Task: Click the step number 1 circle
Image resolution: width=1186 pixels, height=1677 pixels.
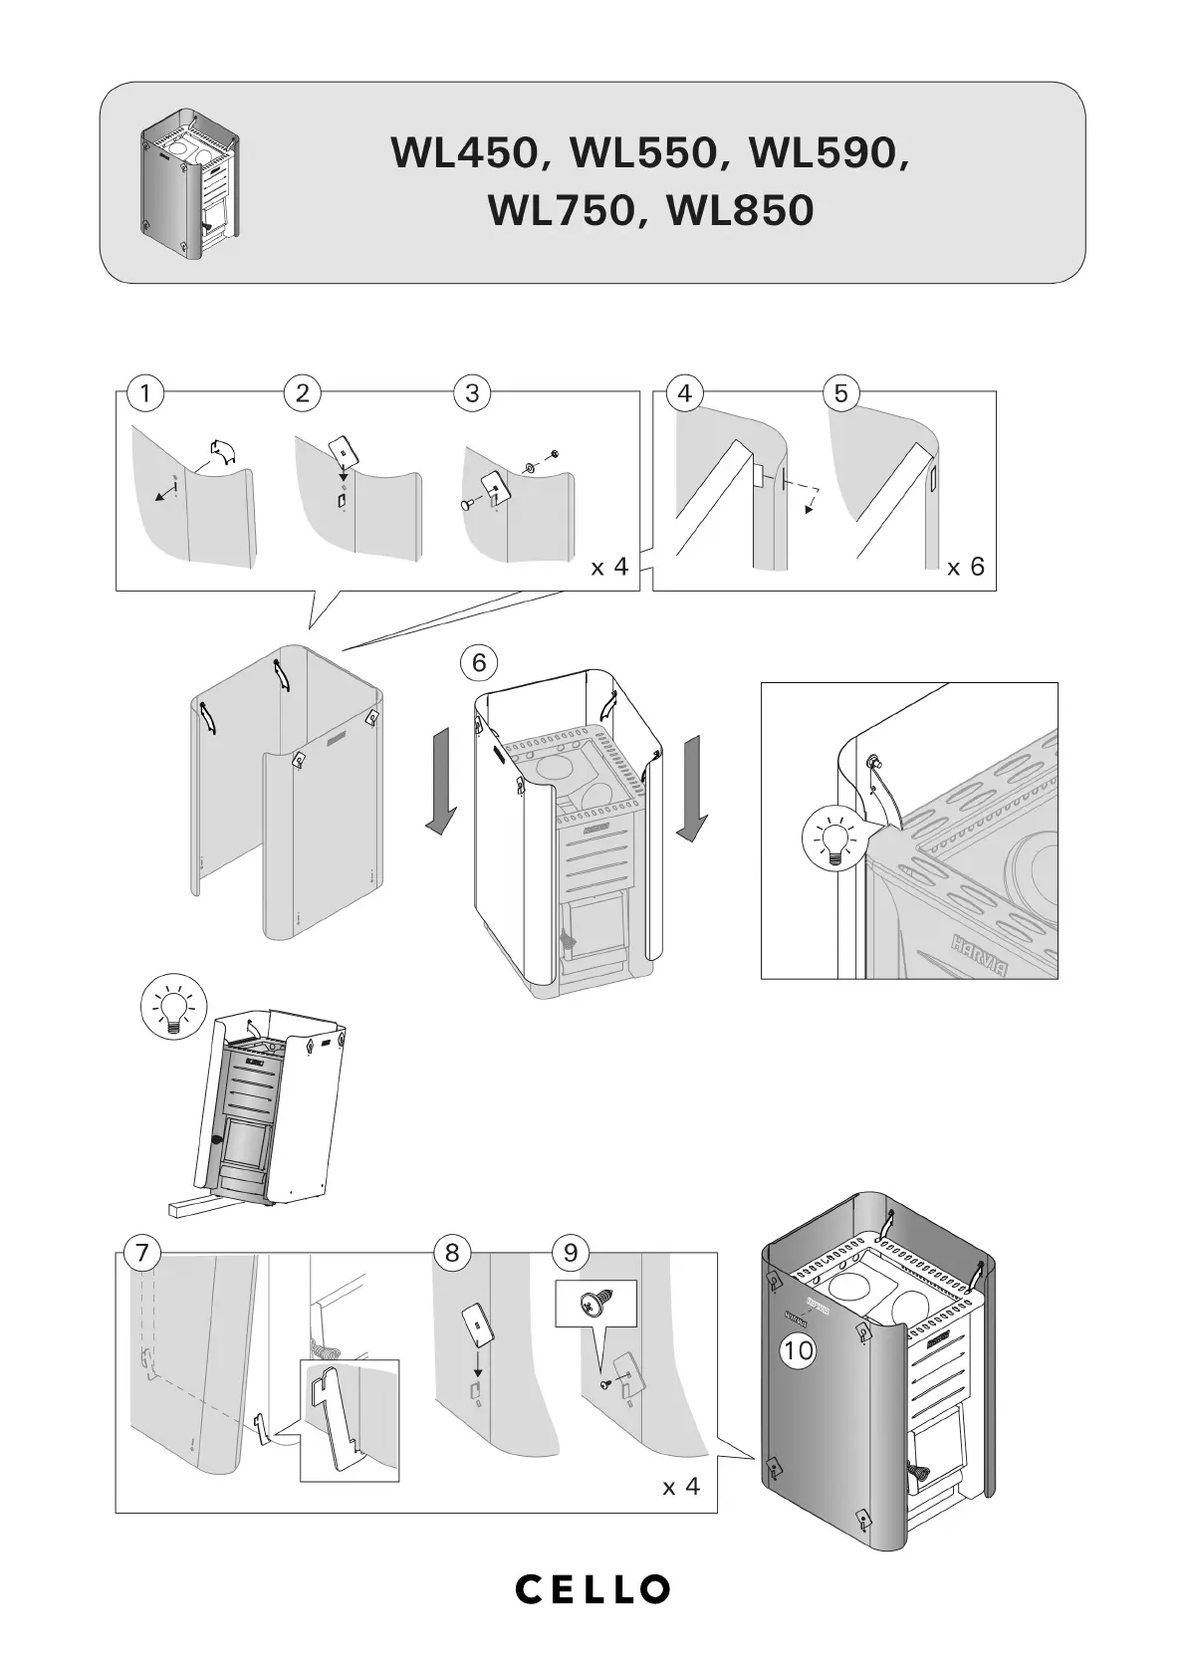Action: (x=145, y=393)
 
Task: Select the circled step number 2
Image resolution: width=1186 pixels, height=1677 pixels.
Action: (x=302, y=393)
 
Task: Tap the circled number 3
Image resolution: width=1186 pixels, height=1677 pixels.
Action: (x=472, y=393)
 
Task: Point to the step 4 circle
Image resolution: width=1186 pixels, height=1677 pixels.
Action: (x=684, y=393)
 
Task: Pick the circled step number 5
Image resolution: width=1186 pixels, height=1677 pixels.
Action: (x=841, y=393)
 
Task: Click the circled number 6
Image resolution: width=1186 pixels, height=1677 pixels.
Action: (x=479, y=662)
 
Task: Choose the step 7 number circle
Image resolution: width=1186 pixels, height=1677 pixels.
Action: (x=142, y=1253)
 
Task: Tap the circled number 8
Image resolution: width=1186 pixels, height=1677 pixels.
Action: (x=453, y=1253)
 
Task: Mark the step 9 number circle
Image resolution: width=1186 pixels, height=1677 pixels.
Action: (x=571, y=1253)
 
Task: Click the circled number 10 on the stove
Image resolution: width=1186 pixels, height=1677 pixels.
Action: (x=799, y=1350)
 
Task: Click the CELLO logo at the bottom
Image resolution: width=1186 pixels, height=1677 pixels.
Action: (x=593, y=1589)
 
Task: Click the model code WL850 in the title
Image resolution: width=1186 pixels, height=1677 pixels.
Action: (x=741, y=210)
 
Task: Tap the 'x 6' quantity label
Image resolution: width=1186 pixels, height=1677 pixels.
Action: (x=965, y=568)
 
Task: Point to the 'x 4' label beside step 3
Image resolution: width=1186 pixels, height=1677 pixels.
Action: (x=609, y=568)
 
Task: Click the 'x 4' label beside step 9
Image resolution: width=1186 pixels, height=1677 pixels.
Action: (x=681, y=1487)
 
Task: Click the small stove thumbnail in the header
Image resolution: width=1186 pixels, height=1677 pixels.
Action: (x=190, y=182)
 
